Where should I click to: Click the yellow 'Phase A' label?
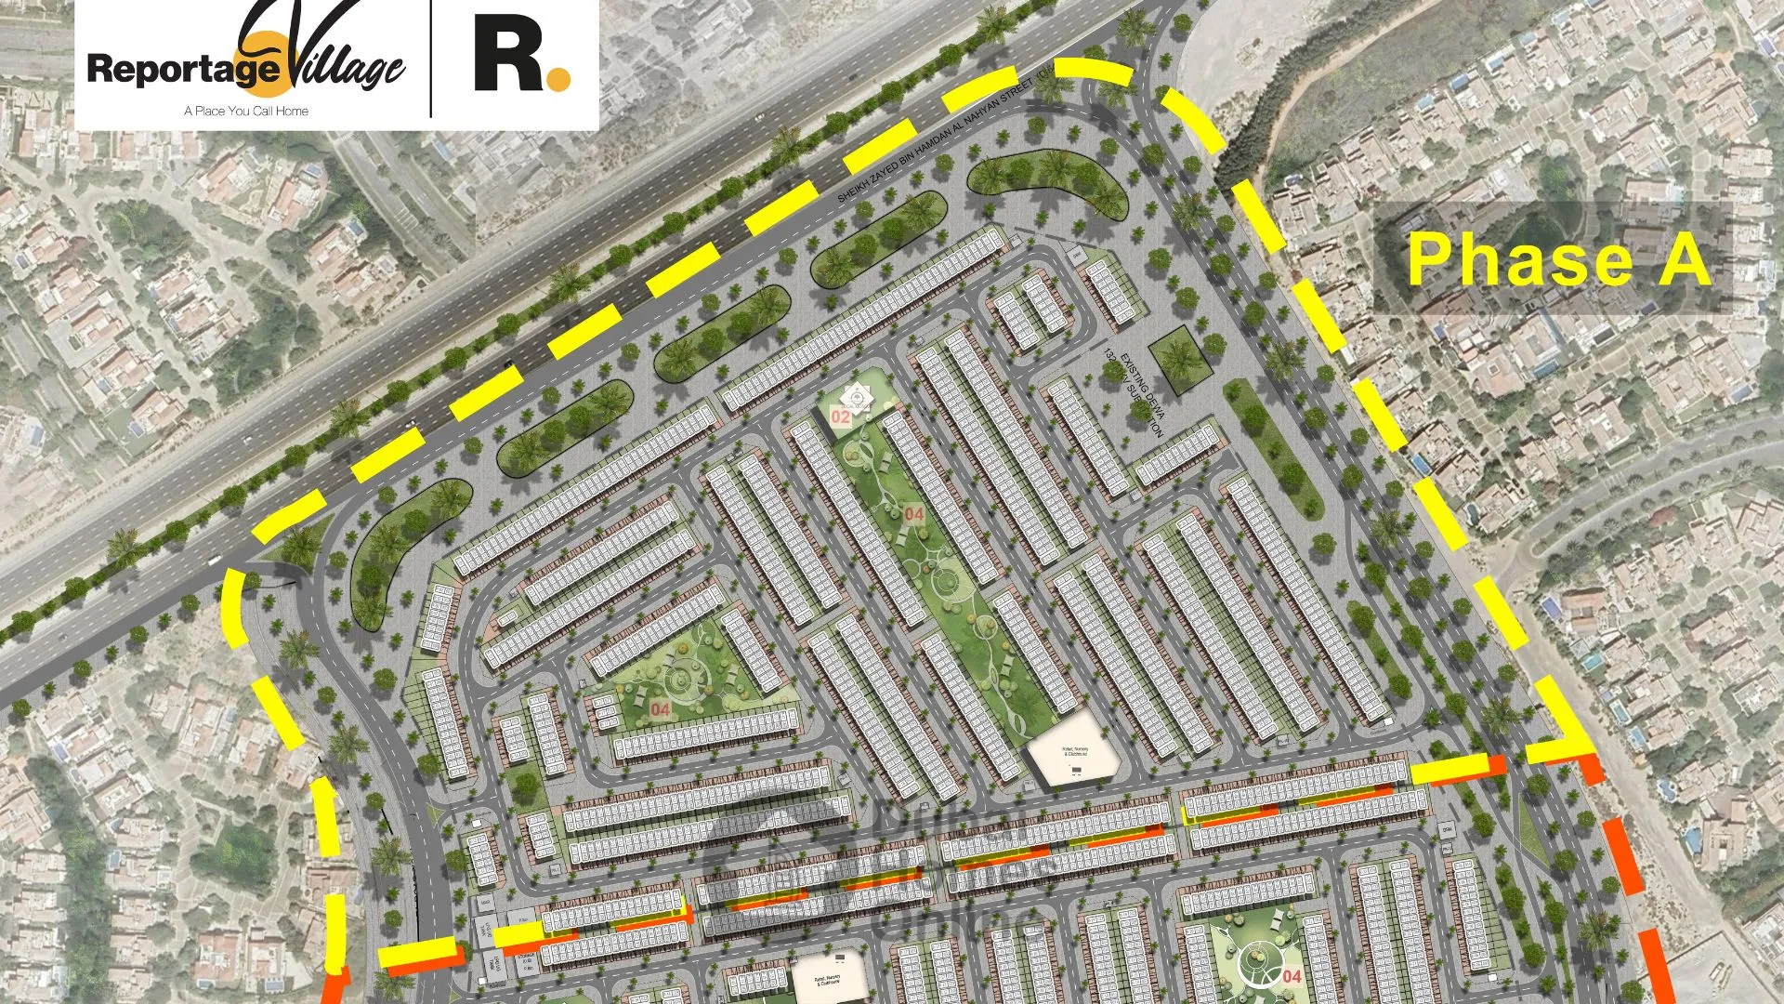coord(1557,259)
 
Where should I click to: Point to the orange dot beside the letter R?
coord(558,79)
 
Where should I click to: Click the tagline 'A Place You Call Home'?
coord(246,111)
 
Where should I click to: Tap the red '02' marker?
coord(840,417)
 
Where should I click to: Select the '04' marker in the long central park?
coord(914,514)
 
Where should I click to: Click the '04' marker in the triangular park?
coord(660,709)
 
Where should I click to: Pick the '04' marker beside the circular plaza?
coord(1292,976)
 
